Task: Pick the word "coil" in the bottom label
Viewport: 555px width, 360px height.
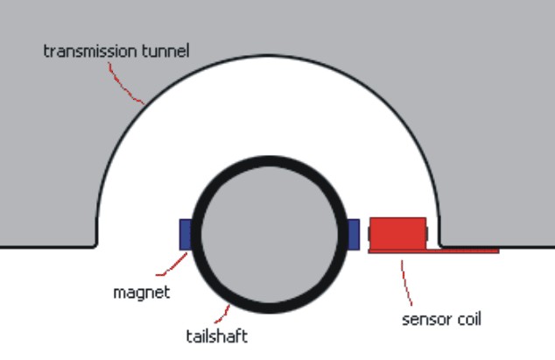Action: coord(466,318)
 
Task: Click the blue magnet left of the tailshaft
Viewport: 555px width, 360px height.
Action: coord(185,234)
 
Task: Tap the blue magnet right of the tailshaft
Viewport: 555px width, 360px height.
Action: coord(354,234)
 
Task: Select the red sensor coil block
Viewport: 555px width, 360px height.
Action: coord(397,233)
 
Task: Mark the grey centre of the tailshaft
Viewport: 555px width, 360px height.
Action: coord(269,232)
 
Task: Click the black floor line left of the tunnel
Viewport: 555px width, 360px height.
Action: coord(44,246)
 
